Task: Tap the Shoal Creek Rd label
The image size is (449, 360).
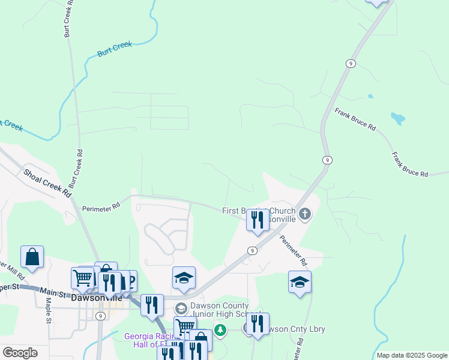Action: [47, 184]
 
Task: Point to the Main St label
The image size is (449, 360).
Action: [53, 292]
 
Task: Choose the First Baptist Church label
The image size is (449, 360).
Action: [259, 211]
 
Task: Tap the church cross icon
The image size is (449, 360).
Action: [305, 214]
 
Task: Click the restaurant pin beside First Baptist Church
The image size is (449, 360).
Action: [258, 220]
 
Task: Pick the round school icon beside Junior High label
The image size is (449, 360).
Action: [181, 308]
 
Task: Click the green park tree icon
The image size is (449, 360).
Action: [220, 329]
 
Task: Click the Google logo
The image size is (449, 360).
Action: [20, 353]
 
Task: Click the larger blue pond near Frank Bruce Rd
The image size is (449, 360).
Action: [397, 118]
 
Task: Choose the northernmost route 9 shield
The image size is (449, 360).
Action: [350, 64]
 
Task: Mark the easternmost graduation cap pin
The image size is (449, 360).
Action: [300, 281]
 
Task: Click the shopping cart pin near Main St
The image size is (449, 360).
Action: [83, 278]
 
